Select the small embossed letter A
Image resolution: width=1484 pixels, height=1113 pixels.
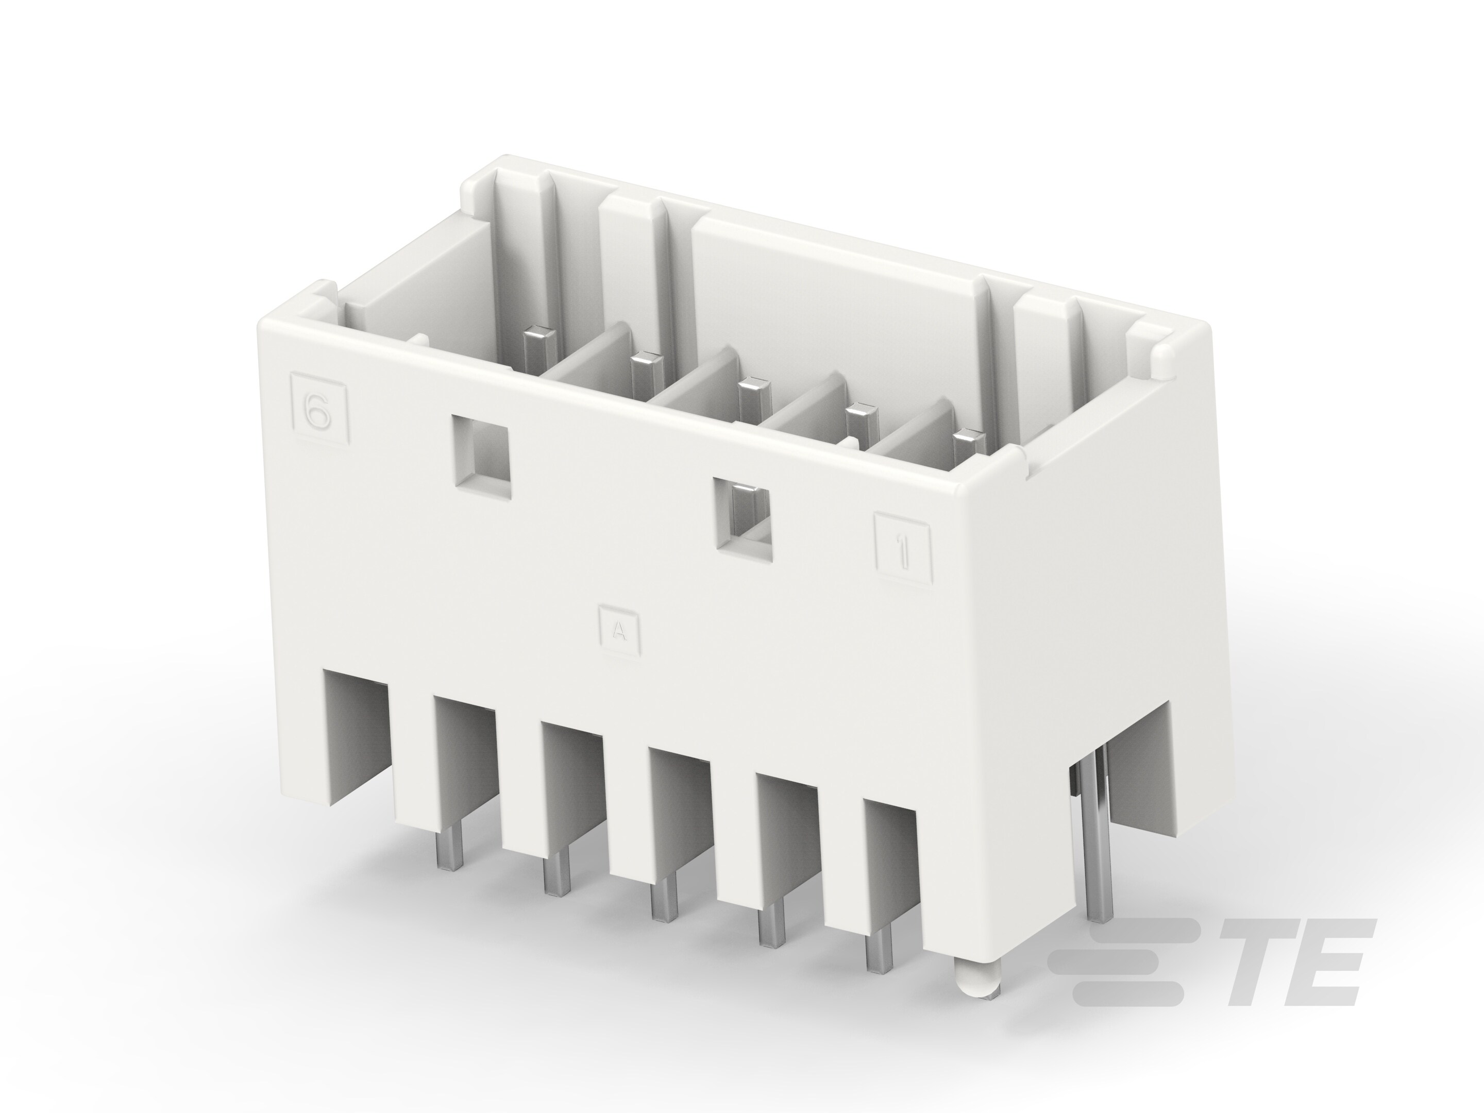tap(619, 631)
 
